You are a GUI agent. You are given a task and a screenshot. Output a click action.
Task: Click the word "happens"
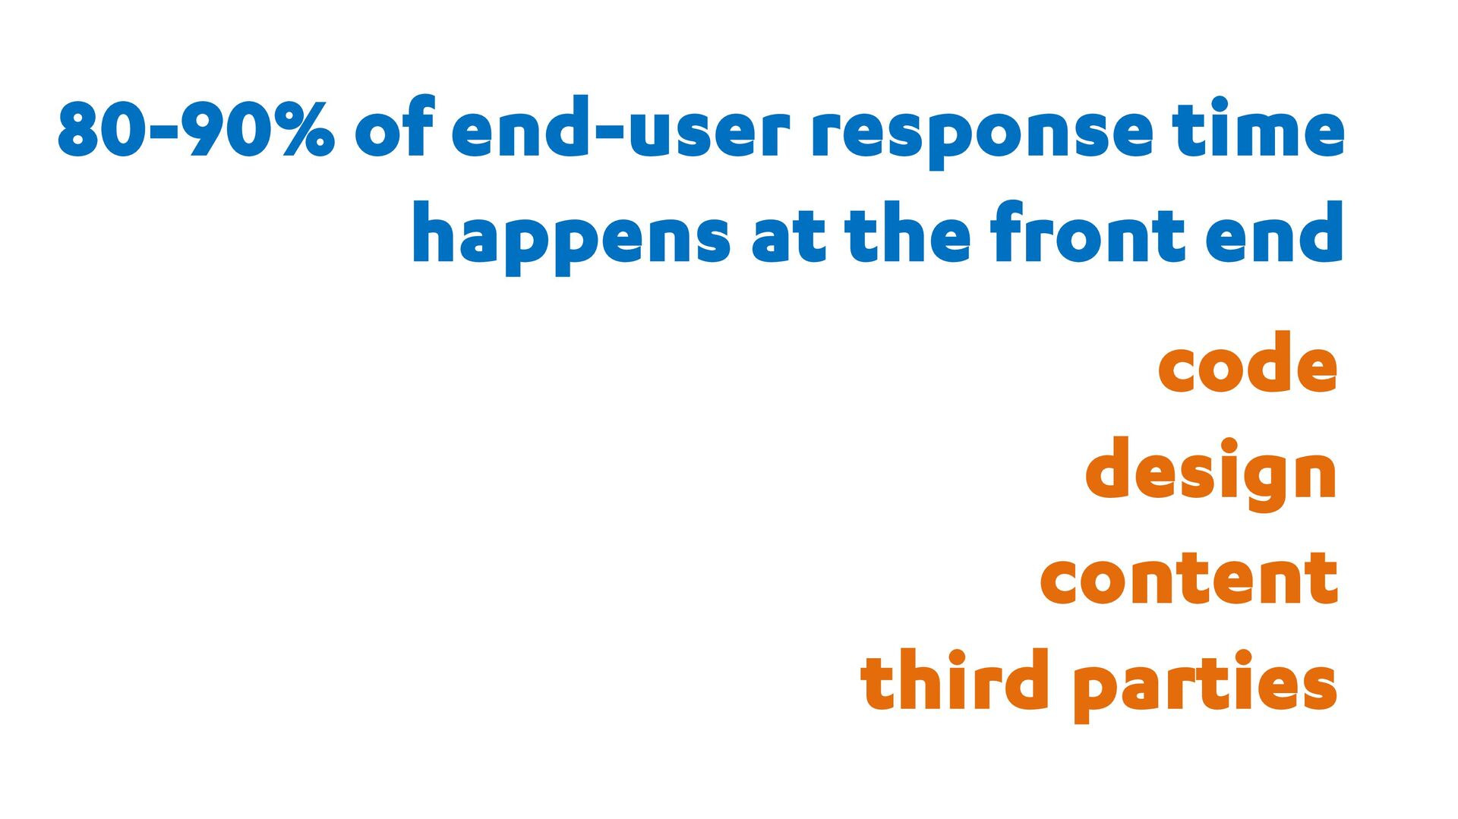point(572,238)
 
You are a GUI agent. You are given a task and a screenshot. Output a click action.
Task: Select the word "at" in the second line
point(788,238)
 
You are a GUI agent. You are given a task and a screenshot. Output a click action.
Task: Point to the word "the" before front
point(907,232)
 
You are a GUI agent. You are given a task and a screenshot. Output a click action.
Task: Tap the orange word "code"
point(1248,362)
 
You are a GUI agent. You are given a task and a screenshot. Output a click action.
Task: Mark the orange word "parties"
point(1205,685)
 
